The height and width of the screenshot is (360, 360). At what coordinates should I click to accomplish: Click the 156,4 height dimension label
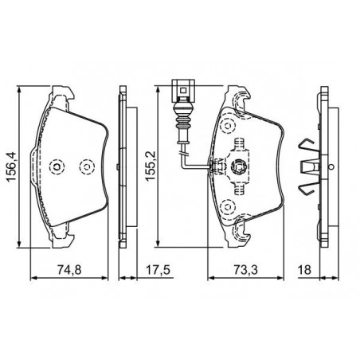click(12, 166)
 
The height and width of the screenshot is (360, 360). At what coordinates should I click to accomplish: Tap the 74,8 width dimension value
click(69, 270)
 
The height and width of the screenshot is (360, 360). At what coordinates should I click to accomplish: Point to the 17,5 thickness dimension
click(158, 270)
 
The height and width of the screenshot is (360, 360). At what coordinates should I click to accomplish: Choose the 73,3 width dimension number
click(245, 270)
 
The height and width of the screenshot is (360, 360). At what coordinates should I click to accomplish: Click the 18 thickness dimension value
click(304, 270)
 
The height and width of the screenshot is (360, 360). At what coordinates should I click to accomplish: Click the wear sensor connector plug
click(182, 91)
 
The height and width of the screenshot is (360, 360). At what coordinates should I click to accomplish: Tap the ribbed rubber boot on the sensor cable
click(182, 122)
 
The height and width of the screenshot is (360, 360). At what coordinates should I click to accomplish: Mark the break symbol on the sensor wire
click(183, 154)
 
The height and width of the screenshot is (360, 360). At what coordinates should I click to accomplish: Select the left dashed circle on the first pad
click(57, 167)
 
